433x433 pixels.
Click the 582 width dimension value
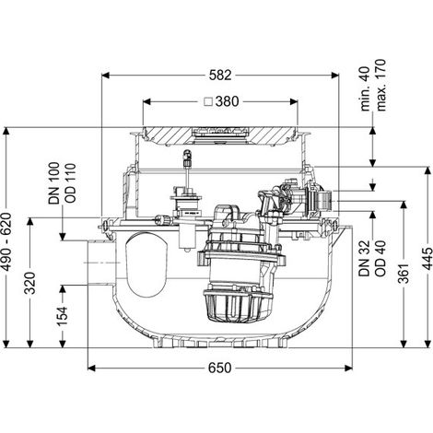pos(220,76)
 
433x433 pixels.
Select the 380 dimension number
pos(227,101)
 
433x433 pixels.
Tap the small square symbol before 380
pos(209,101)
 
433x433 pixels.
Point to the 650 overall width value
pos(219,368)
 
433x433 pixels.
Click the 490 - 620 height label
pos(6,242)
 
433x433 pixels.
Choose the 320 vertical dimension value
pos(30,283)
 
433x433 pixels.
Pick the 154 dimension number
pos(63,316)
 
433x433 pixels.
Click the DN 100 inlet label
pos(54,183)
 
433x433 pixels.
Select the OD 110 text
pos(70,183)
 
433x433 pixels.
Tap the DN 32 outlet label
pos(364,259)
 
